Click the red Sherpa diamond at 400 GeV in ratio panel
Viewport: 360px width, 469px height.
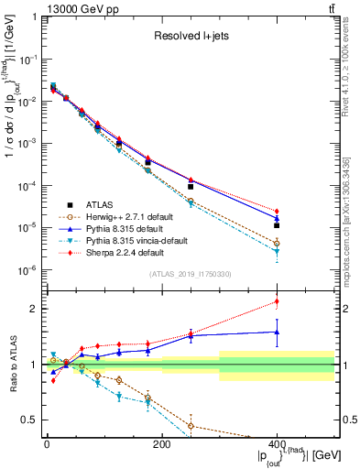277,301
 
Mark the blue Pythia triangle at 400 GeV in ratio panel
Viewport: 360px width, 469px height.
277,332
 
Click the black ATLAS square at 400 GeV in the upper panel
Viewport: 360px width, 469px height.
277,224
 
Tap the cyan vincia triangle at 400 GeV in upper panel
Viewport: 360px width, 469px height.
277,251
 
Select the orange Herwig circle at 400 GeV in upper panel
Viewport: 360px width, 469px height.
277,243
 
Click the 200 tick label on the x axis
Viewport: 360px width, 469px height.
161,443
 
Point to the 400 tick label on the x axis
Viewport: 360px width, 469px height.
277,443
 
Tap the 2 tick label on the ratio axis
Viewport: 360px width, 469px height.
37,309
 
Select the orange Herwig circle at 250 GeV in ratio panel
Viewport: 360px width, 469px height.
191,426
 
